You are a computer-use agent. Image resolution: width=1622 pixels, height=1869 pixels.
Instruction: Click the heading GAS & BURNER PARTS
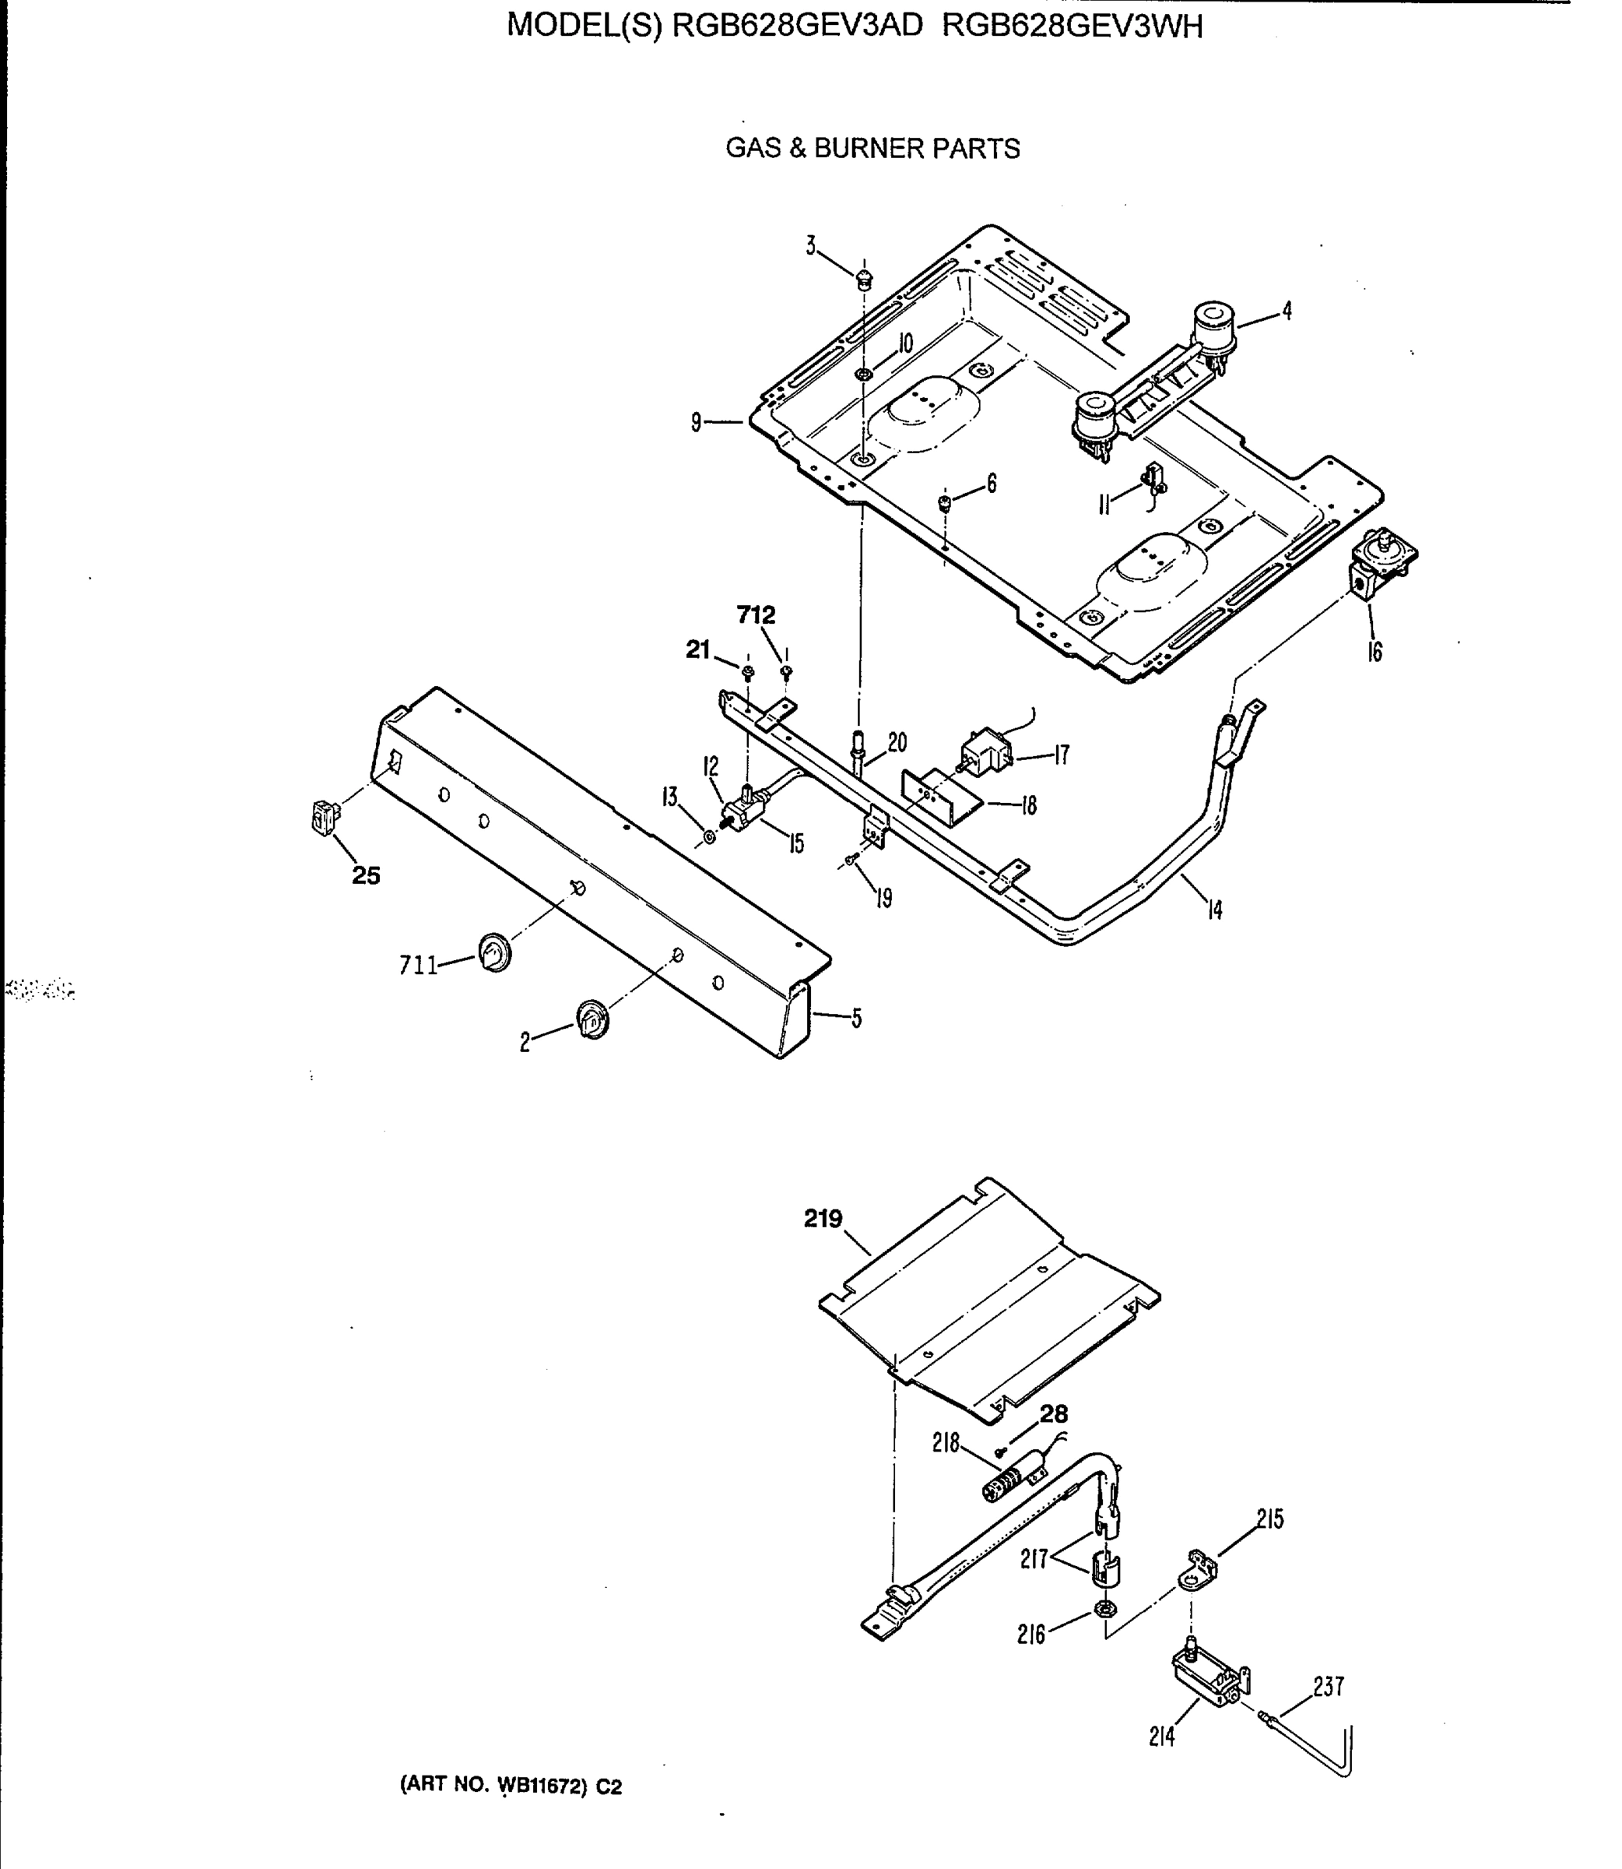click(872, 149)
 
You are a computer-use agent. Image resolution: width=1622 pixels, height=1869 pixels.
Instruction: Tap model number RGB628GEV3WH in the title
click(1072, 26)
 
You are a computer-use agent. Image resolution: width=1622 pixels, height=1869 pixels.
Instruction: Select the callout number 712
click(756, 616)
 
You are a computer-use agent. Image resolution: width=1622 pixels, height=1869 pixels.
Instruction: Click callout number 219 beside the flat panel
click(823, 1219)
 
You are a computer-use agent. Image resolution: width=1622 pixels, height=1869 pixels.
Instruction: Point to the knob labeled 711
click(494, 956)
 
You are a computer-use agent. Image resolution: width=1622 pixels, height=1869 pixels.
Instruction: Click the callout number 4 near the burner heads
click(1287, 311)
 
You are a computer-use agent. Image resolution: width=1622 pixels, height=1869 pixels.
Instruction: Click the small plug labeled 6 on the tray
click(944, 502)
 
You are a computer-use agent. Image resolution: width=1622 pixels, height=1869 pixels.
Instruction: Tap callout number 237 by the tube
click(1328, 1687)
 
